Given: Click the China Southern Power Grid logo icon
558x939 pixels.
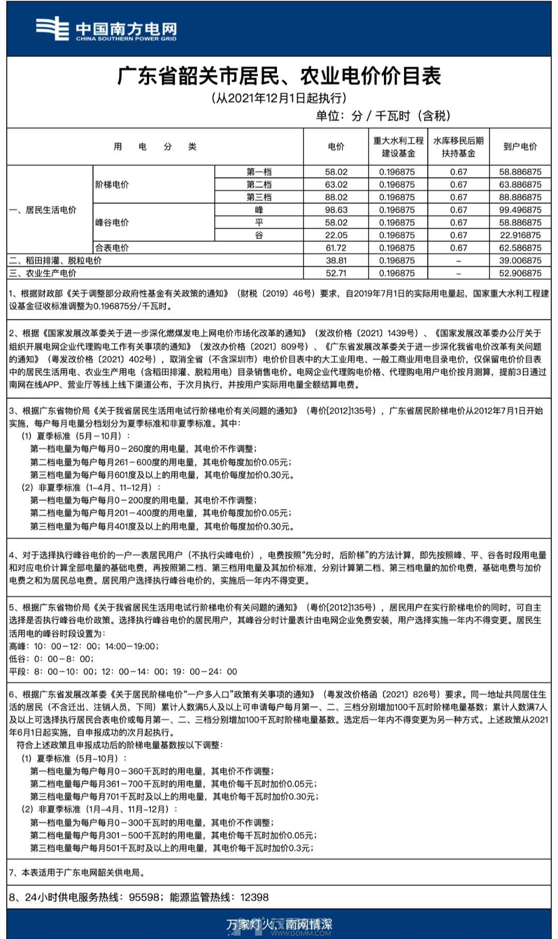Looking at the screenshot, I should click(x=52, y=28).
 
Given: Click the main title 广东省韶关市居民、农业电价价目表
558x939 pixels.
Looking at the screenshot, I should click(x=279, y=76).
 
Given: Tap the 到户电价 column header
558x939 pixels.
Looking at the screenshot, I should click(x=520, y=147).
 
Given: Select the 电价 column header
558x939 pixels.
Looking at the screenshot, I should click(x=336, y=147).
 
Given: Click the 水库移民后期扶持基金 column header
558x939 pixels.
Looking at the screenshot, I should click(x=458, y=147).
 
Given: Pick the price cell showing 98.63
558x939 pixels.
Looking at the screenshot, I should click(x=336, y=210).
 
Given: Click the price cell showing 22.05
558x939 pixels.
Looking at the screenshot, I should click(x=336, y=235).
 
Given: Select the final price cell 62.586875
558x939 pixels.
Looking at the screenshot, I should click(x=520, y=248).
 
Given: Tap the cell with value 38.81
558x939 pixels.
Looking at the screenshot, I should click(x=336, y=261).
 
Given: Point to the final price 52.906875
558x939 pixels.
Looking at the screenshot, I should click(x=520, y=273).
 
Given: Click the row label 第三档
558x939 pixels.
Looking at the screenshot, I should click(x=259, y=197).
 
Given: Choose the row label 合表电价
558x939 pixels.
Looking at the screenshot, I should click(x=112, y=248).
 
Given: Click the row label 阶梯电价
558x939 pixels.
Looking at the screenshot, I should click(x=112, y=185).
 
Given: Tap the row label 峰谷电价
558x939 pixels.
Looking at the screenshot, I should click(x=112, y=223).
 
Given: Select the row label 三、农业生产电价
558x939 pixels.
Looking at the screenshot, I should click(x=43, y=273).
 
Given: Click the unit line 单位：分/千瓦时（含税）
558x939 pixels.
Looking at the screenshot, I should click(x=383, y=116).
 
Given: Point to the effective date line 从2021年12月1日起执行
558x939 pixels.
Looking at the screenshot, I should click(x=279, y=98).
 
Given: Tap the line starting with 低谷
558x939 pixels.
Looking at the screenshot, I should click(x=51, y=659).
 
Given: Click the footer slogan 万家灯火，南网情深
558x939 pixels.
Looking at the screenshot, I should click(x=279, y=924).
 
